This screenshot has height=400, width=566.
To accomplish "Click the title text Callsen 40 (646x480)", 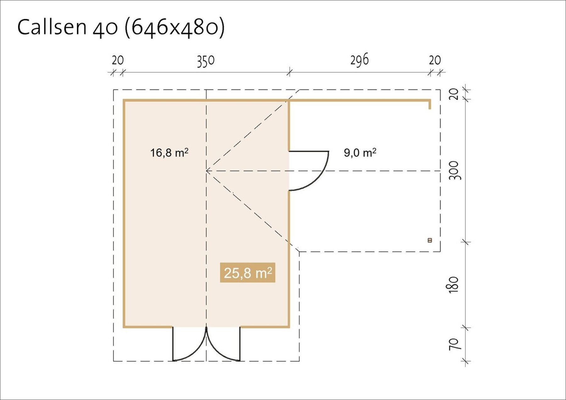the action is point(121,27).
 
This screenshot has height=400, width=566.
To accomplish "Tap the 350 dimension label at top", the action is point(206,61).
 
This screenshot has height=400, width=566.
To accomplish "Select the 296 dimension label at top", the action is point(359,60).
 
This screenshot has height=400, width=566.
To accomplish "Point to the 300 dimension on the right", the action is point(455,171).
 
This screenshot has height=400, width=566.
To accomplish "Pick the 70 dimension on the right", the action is point(454,344).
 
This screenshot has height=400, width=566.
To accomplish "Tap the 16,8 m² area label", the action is point(169,153).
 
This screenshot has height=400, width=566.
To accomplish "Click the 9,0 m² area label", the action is point(360,153).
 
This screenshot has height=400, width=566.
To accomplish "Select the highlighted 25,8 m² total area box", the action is point(247,273).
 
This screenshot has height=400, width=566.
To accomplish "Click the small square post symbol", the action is point(430,240).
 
